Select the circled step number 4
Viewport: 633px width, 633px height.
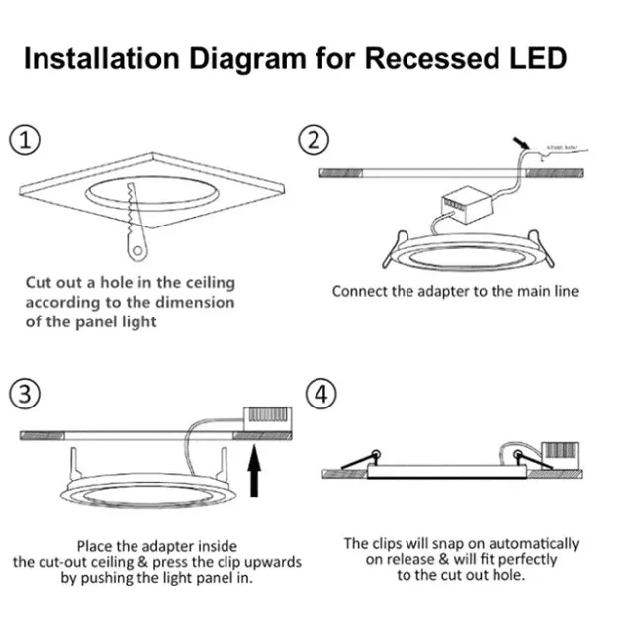tap(318, 395)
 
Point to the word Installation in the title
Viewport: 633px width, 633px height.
tap(101, 58)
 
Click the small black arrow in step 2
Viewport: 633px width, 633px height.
tap(520, 145)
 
